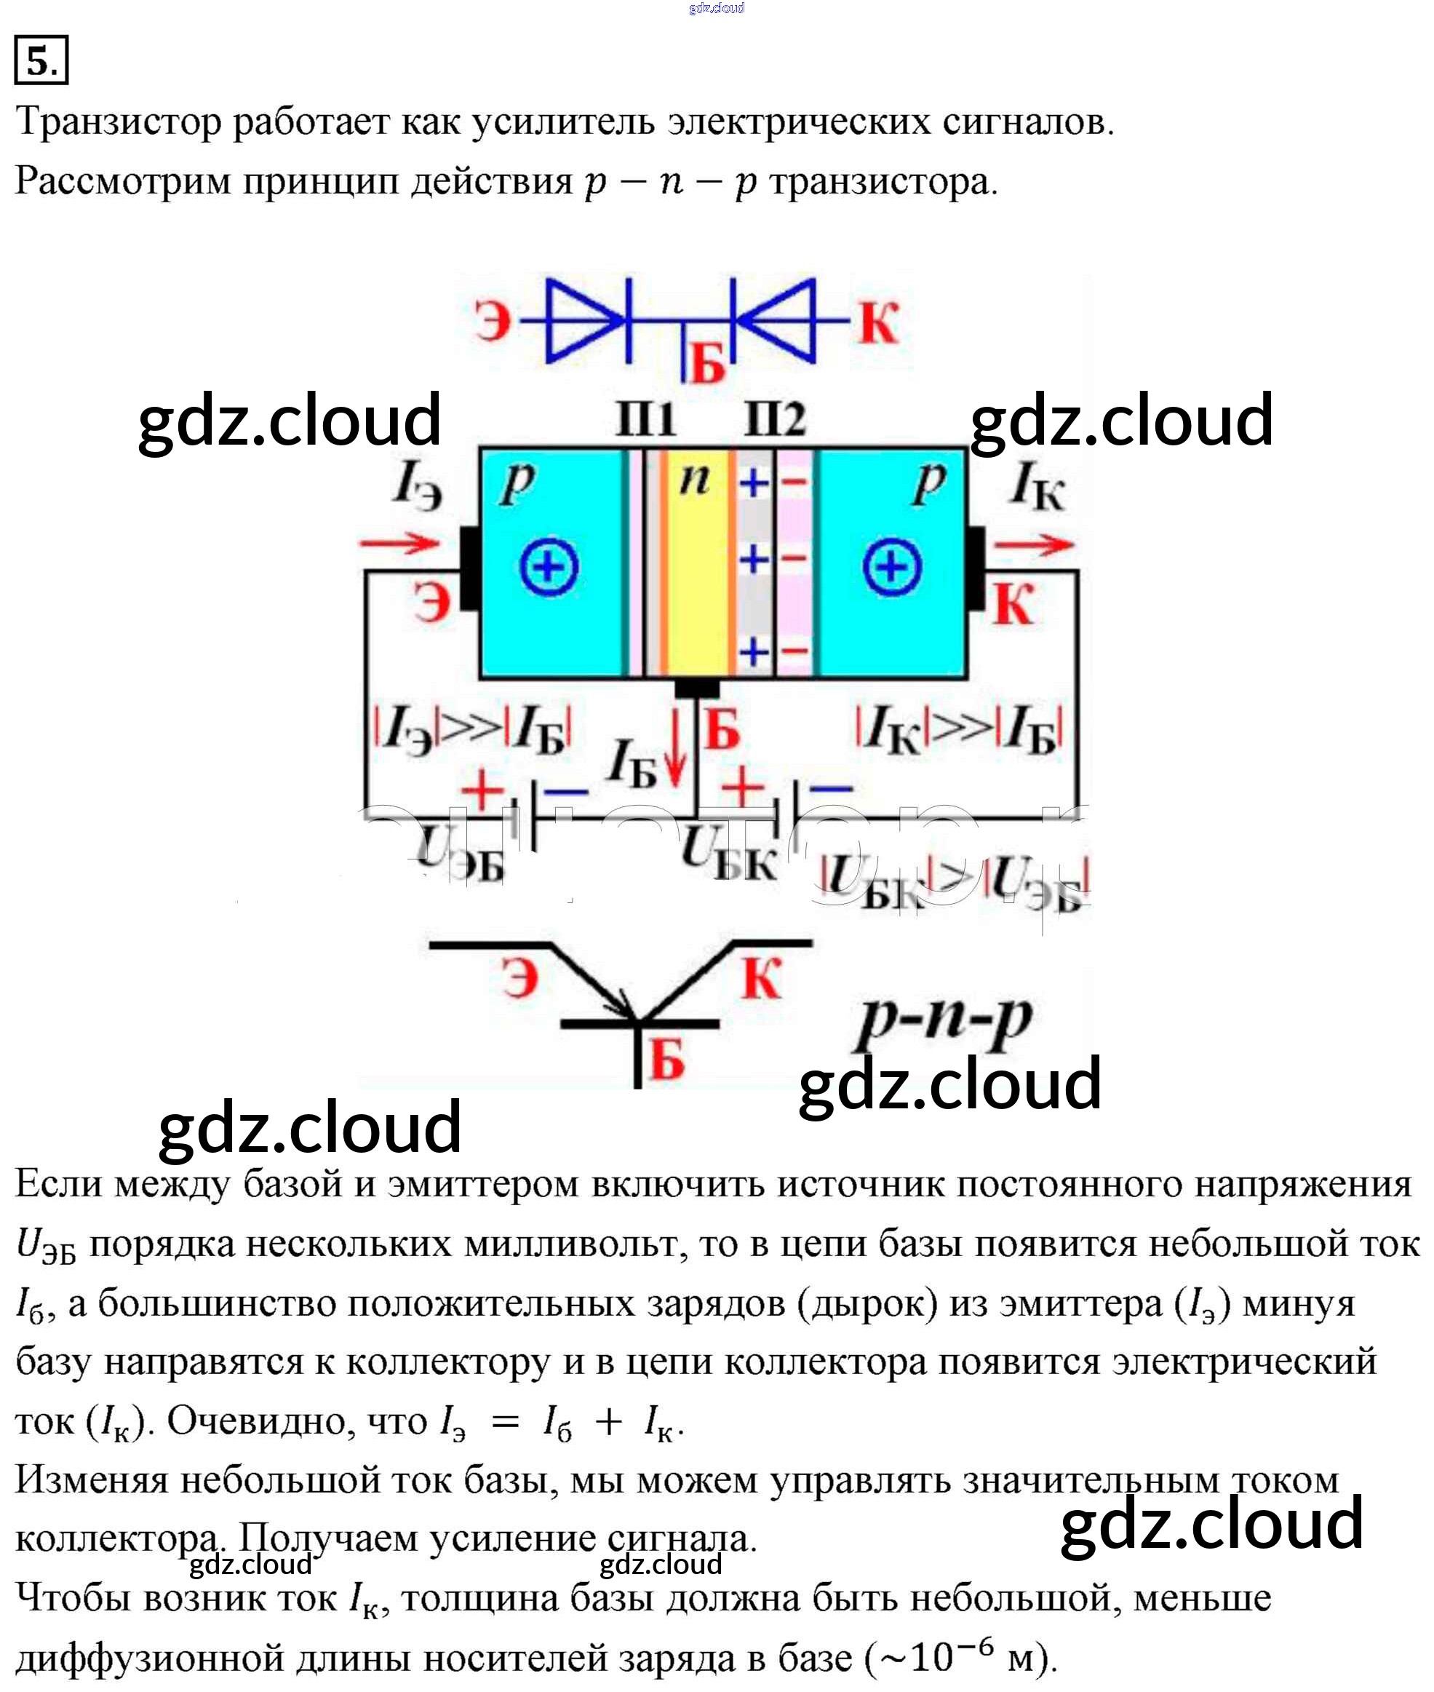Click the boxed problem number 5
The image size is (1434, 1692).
(41, 60)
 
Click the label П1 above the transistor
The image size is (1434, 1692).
(645, 420)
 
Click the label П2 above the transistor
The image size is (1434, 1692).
(775, 420)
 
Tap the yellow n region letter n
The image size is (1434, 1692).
(694, 480)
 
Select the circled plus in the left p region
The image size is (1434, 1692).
(549, 566)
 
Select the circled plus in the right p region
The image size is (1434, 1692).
(892, 566)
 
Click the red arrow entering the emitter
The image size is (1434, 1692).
(400, 543)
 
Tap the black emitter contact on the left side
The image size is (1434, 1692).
(469, 568)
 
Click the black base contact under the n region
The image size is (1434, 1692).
(697, 688)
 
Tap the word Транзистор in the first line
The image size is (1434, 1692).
(119, 122)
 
